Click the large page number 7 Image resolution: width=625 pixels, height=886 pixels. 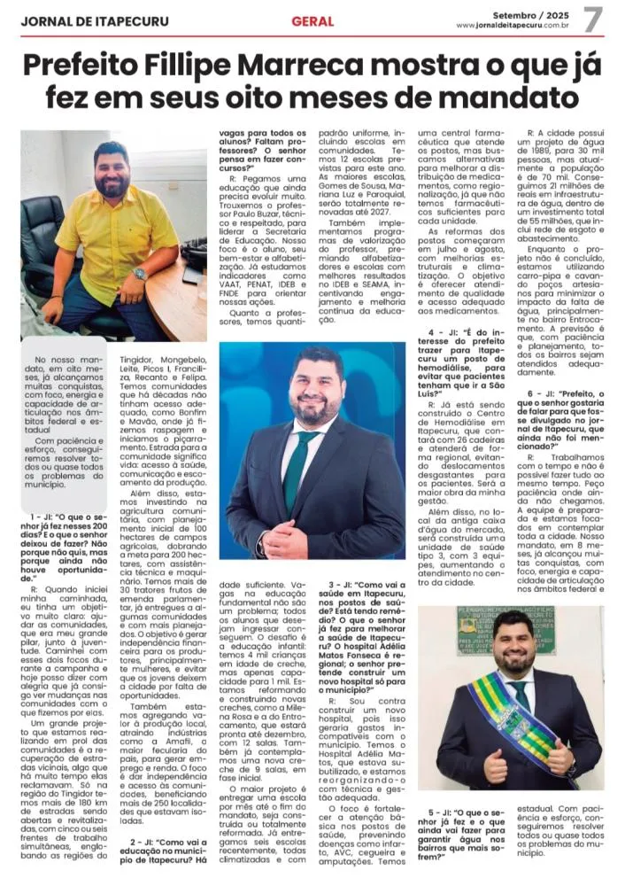point(592,19)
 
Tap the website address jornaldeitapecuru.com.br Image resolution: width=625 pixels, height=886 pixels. point(513,25)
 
